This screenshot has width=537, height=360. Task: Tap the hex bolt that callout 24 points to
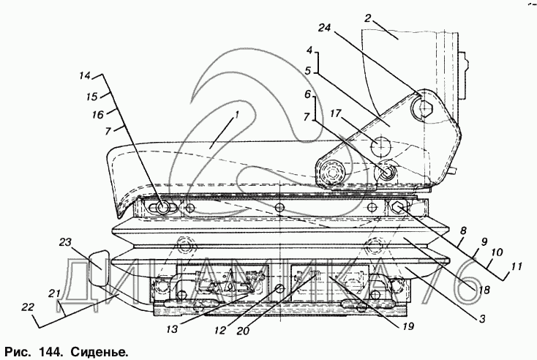click(424, 109)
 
